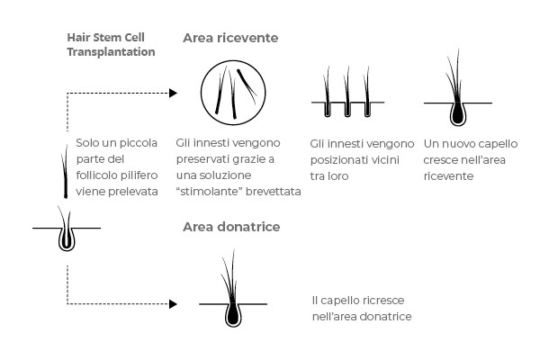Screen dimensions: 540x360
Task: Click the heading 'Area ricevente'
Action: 230,38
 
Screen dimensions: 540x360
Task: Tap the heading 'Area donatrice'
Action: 231,227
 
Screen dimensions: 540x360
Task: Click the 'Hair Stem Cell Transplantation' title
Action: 111,44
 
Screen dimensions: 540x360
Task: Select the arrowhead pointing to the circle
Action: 173,93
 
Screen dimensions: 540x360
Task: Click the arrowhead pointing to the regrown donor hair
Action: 173,304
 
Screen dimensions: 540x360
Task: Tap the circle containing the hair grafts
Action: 201,93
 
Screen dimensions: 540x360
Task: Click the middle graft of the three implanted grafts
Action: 347,92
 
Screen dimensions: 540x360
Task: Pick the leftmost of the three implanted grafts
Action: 328,92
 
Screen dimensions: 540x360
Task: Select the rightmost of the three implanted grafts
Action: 367,92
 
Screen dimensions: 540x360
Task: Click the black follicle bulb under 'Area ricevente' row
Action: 458,113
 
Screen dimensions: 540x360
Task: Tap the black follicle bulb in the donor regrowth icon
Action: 233,314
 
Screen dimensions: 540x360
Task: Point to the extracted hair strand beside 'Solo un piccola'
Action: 65,172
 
